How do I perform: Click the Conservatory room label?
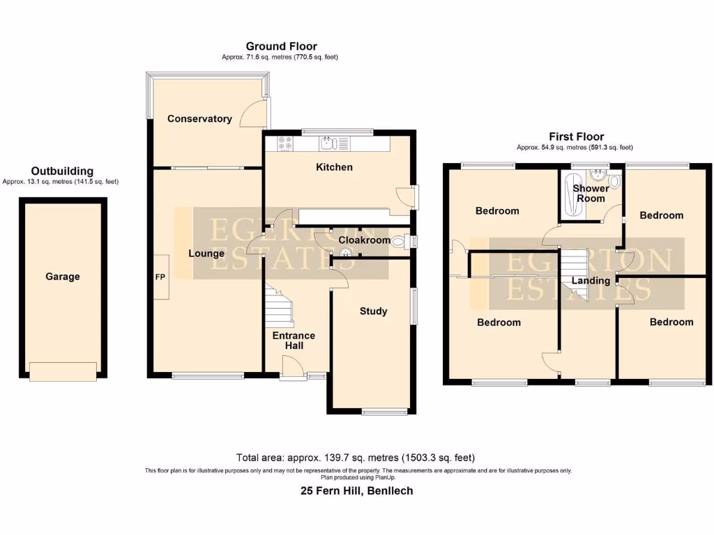pyautogui.click(x=199, y=119)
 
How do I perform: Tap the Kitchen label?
pyautogui.click(x=334, y=167)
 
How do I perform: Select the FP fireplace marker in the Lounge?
pyautogui.click(x=160, y=277)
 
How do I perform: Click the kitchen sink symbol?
pyautogui.click(x=328, y=144)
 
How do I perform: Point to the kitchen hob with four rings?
pyautogui.click(x=286, y=144)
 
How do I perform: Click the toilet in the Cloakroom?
pyautogui.click(x=400, y=242)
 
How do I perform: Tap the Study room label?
pyautogui.click(x=373, y=311)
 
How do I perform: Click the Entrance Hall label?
pyautogui.click(x=294, y=341)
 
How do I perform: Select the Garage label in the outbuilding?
pyautogui.click(x=63, y=277)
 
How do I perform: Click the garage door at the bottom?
pyautogui.click(x=63, y=372)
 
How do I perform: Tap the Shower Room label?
pyautogui.click(x=591, y=193)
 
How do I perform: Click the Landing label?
pyautogui.click(x=591, y=281)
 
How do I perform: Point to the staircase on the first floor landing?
pyautogui.click(x=576, y=276)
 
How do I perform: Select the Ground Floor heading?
pyautogui.click(x=281, y=47)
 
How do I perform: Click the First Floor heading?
pyautogui.click(x=576, y=137)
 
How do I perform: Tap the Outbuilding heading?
pyautogui.click(x=62, y=171)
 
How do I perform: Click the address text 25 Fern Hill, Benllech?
pyautogui.click(x=356, y=491)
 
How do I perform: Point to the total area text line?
pyautogui.click(x=356, y=458)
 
